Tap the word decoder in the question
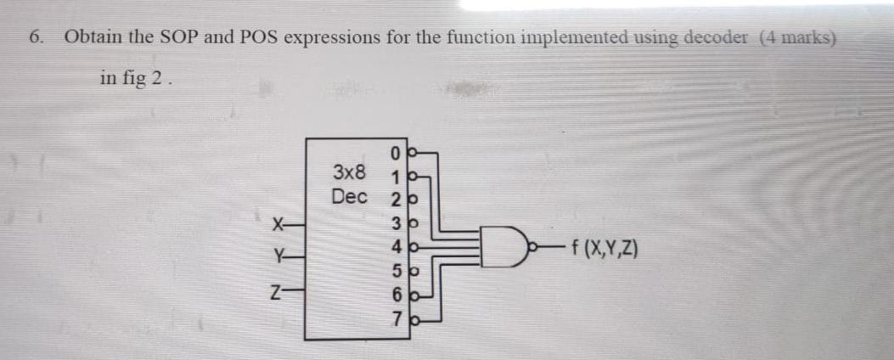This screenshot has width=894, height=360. [x=717, y=38]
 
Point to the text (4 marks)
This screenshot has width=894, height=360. [x=798, y=38]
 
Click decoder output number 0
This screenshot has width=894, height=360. [x=396, y=154]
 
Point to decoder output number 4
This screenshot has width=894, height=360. [x=396, y=250]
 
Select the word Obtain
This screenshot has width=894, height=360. [x=95, y=38]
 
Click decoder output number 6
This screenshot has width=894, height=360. [x=396, y=297]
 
